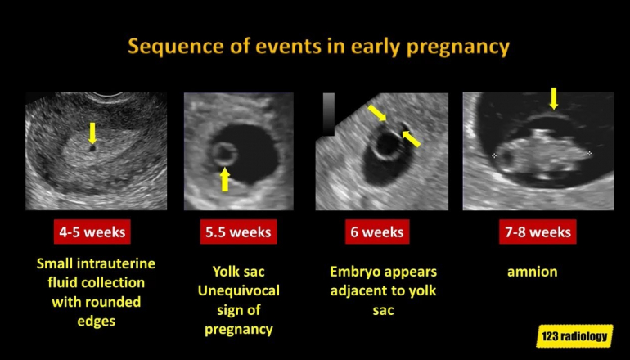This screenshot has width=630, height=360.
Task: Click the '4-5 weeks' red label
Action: tap(92, 232)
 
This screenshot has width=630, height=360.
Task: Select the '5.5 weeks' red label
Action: tap(238, 232)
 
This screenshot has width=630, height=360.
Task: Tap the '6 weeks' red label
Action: tap(377, 232)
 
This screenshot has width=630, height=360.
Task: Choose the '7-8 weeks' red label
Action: tap(538, 232)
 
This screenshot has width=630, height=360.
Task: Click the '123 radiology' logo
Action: tap(574, 336)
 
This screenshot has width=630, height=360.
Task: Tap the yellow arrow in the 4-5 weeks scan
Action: tap(92, 133)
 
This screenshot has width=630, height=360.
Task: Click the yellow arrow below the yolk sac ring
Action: tap(225, 179)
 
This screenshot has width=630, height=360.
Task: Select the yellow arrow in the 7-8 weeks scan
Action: tap(554, 98)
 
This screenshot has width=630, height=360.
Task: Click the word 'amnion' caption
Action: tap(533, 272)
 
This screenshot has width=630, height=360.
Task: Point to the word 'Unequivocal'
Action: tap(239, 290)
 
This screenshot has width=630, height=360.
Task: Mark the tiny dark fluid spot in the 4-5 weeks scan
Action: tap(92, 148)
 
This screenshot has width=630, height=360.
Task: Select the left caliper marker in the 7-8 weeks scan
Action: tap(494, 155)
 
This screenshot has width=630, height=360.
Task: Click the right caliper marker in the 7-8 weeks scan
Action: tap(589, 153)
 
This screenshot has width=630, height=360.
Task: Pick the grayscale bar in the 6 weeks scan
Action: tap(329, 115)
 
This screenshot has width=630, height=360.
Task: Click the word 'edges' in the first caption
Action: tap(96, 321)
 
